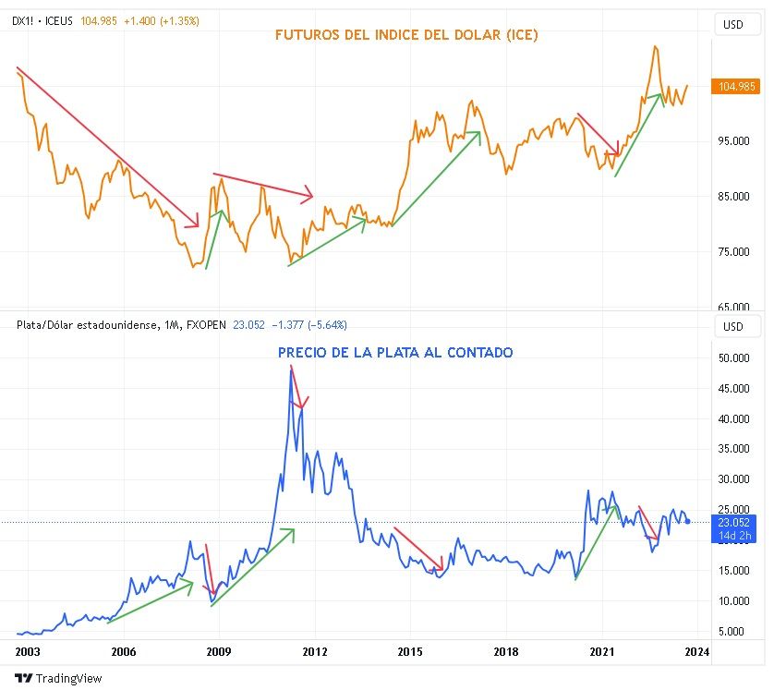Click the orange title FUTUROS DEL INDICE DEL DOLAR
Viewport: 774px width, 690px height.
[406, 36]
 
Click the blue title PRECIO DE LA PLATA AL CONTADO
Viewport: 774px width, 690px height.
[395, 352]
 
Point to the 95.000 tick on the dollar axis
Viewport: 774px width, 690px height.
[734, 141]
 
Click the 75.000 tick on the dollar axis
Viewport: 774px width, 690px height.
[734, 252]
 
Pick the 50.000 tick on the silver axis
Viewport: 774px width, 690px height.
[734, 358]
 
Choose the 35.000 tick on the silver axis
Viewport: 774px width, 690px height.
[734, 449]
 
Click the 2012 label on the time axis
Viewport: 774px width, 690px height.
[315, 651]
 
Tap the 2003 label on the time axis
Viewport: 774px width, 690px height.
[28, 651]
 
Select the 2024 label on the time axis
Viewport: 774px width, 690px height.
[696, 651]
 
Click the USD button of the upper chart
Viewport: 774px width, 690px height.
[732, 25]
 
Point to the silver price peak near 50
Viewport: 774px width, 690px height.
[291, 369]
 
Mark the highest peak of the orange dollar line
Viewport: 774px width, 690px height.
[655, 46]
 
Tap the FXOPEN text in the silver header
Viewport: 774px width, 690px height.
[206, 324]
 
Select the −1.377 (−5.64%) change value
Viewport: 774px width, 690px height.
[308, 324]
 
